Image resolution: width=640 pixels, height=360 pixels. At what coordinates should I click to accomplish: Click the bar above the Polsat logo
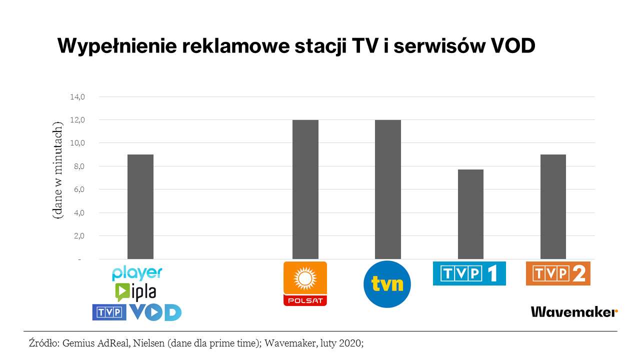[x=305, y=189]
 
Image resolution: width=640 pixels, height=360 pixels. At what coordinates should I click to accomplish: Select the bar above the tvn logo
[x=388, y=189]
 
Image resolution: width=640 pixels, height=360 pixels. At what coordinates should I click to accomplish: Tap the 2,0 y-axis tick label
[x=80, y=236]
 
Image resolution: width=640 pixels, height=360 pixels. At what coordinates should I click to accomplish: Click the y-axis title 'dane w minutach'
[x=58, y=170]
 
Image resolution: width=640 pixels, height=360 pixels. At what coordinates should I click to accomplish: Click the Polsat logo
[x=305, y=283]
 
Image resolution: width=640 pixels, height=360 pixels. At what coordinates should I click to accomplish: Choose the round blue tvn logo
[x=387, y=284]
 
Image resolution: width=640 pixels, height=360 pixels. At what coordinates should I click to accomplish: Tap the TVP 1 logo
[x=469, y=273]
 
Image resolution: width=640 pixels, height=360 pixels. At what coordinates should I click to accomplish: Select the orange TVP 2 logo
[x=558, y=273]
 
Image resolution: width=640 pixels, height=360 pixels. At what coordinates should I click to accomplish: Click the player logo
[x=137, y=273]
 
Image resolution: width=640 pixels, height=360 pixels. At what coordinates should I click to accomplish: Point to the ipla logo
[x=135, y=291]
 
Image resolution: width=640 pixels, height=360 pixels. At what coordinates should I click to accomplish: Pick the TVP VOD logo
[x=137, y=312]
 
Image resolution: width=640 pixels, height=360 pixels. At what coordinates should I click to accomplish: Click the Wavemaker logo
[x=574, y=312]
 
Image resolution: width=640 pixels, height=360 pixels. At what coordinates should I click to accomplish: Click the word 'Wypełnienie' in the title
[x=115, y=46]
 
